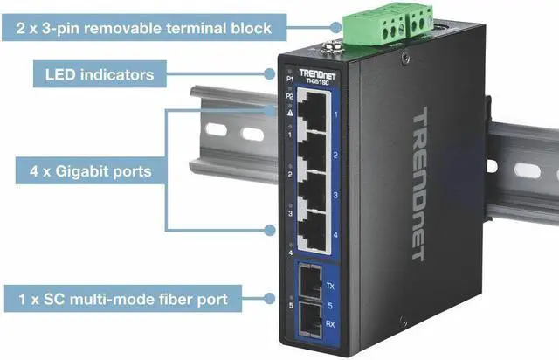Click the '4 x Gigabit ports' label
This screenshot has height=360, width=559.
click(85, 172)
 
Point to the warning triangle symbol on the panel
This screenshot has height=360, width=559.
click(289, 114)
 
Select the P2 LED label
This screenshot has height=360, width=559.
click(289, 96)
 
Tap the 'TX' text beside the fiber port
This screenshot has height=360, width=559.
click(330, 286)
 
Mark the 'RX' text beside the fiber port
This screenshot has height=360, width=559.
click(330, 323)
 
